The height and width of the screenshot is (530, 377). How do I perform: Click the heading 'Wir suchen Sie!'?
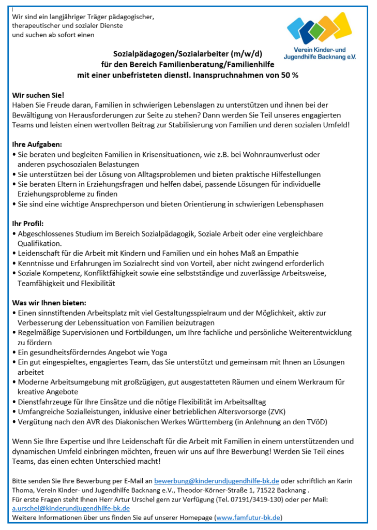point(38,95)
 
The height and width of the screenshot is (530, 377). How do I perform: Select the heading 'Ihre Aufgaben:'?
point(37,144)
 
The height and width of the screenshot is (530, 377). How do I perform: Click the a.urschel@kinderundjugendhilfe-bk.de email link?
point(71,508)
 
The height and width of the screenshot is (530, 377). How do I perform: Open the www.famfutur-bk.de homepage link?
point(248,517)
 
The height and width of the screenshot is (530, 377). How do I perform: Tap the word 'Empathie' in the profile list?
point(283,253)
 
